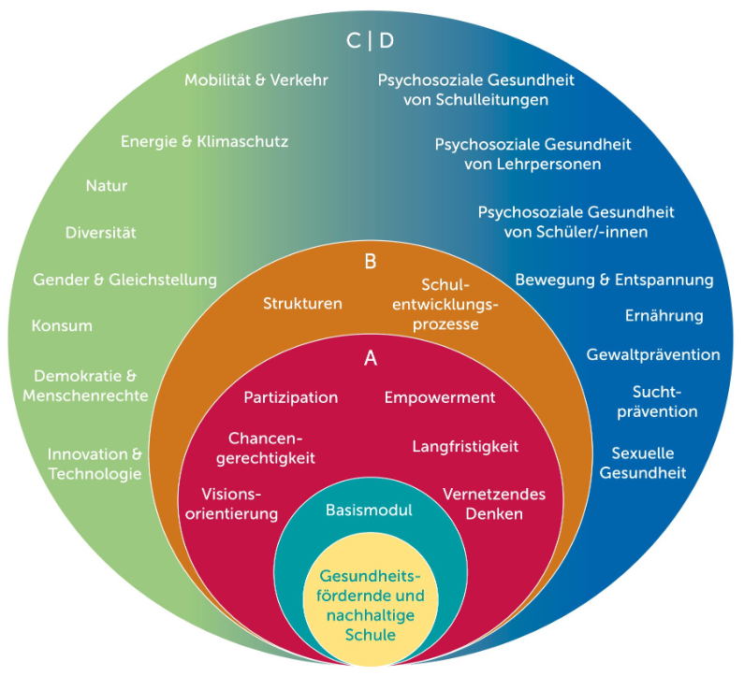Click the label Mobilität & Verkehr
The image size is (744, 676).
[255, 80]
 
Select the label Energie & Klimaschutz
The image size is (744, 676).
[204, 142]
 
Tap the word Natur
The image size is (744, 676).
[106, 186]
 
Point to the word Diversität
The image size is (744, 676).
[100, 233]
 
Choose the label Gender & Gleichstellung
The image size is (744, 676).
[124, 280]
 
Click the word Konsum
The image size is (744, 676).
[62, 326]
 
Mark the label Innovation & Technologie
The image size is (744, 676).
[95, 464]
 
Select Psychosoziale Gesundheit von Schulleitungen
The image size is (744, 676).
[475, 90]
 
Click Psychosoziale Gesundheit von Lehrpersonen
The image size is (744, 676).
[532, 154]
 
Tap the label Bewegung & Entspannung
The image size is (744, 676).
[614, 280]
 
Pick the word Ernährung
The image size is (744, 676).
[664, 316]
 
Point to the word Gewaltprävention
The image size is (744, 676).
[653, 355]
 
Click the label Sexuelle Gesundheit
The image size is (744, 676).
[642, 463]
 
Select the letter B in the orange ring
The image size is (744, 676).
[370, 262]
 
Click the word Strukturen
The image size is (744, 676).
[302, 304]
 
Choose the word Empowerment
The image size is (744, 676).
[439, 397]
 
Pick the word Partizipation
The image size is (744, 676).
[290, 397]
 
